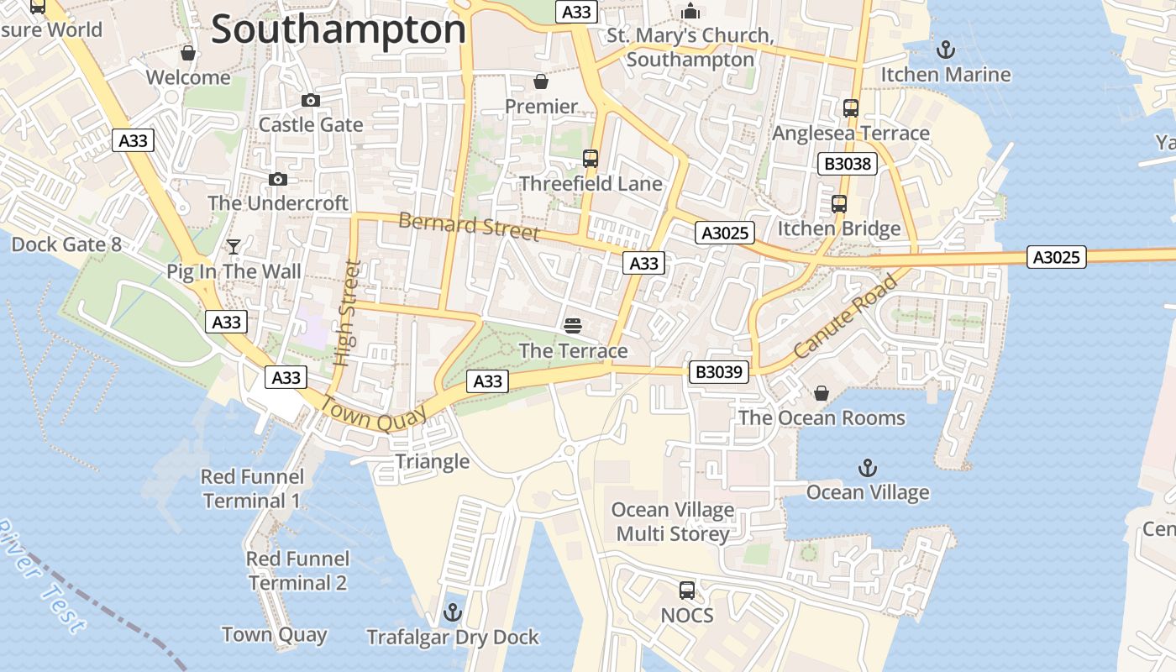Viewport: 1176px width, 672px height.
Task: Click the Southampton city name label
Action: point(338,30)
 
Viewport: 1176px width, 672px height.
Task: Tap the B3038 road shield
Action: point(847,164)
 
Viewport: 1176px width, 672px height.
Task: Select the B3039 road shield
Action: point(719,371)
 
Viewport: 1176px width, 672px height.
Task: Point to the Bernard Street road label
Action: point(468,226)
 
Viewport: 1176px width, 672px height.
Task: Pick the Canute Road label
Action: point(845,316)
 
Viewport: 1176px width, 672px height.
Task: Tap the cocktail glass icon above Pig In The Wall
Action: point(234,247)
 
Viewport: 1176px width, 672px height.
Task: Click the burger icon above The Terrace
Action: point(574,326)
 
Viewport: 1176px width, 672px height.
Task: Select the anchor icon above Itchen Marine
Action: point(946,50)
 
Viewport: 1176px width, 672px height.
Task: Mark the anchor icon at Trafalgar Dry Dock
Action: point(453,612)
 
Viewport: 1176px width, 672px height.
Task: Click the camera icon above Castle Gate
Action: point(311,101)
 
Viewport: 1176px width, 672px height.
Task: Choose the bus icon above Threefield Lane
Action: point(591,159)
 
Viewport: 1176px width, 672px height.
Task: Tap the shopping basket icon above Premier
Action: point(541,81)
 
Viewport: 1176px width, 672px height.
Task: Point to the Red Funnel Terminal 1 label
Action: point(252,489)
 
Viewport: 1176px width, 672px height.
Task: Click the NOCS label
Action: point(687,616)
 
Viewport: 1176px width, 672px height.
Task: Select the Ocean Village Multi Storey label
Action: point(672,522)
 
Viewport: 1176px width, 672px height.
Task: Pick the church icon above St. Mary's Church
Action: point(690,11)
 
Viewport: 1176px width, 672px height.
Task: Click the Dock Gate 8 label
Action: point(66,244)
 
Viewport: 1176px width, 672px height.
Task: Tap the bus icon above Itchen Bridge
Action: point(838,204)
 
